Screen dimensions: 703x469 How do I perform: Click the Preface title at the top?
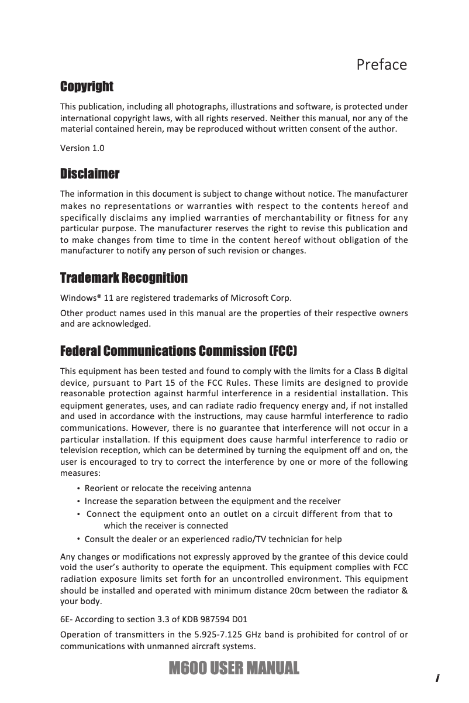pyautogui.click(x=381, y=64)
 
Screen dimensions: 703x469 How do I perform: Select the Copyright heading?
pyautogui.click(x=87, y=87)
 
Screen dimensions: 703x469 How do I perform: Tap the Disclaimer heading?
pyautogui.click(x=90, y=174)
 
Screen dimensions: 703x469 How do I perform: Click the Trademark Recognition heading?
pyautogui.click(x=124, y=277)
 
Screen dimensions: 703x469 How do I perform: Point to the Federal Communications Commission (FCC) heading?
pyautogui.click(x=179, y=351)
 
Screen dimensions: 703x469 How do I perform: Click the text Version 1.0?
pyautogui.click(x=82, y=148)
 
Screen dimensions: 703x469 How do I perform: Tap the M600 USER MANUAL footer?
pyautogui.click(x=233, y=668)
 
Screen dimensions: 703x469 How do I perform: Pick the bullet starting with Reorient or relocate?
pyautogui.click(x=168, y=488)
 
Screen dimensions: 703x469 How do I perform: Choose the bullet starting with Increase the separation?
pyautogui.click(x=212, y=501)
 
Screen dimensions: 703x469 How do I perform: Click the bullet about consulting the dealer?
pyautogui.click(x=213, y=539)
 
